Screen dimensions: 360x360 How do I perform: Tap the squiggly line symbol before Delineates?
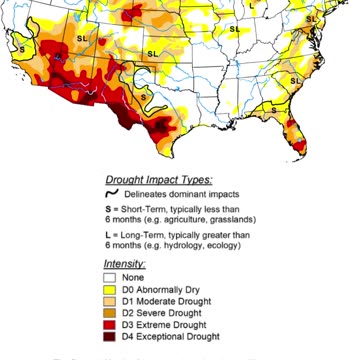114,193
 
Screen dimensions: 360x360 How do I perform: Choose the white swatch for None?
113,277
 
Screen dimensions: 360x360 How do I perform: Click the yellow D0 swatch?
113,289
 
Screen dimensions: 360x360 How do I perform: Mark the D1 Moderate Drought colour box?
113,300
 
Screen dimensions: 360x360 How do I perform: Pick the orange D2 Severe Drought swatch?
113,312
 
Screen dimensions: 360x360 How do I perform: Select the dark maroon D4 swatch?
113,335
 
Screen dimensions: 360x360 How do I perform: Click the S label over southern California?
22,47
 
